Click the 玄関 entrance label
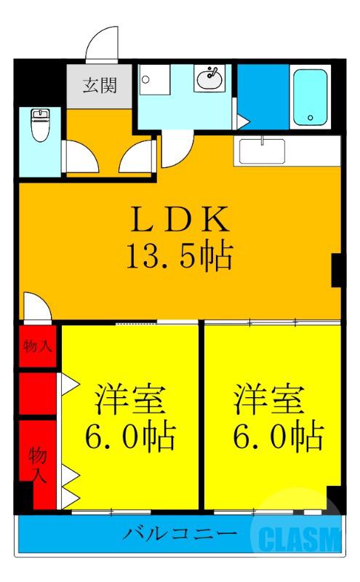[95, 83]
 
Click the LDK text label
[180, 219]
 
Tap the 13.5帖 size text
[180, 255]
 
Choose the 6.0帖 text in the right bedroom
[276, 436]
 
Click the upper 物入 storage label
[38, 346]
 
